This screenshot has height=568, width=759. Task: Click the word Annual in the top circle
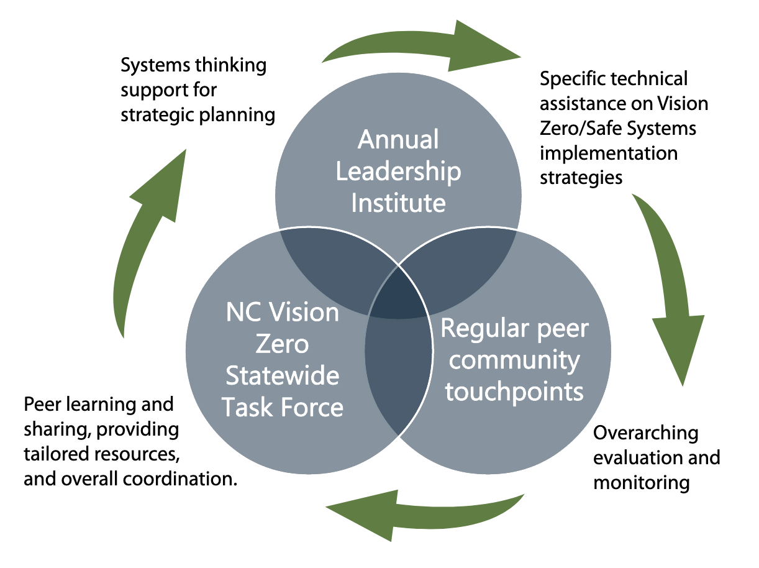pos(398,140)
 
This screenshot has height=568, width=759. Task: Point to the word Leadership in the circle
pos(398,172)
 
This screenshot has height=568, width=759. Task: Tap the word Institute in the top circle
pos(398,203)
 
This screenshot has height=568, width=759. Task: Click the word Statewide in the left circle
pos(283,376)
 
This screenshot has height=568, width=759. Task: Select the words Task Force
pos(283,408)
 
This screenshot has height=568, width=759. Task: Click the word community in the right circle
pos(514,360)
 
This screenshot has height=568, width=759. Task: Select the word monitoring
pos(642,482)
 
